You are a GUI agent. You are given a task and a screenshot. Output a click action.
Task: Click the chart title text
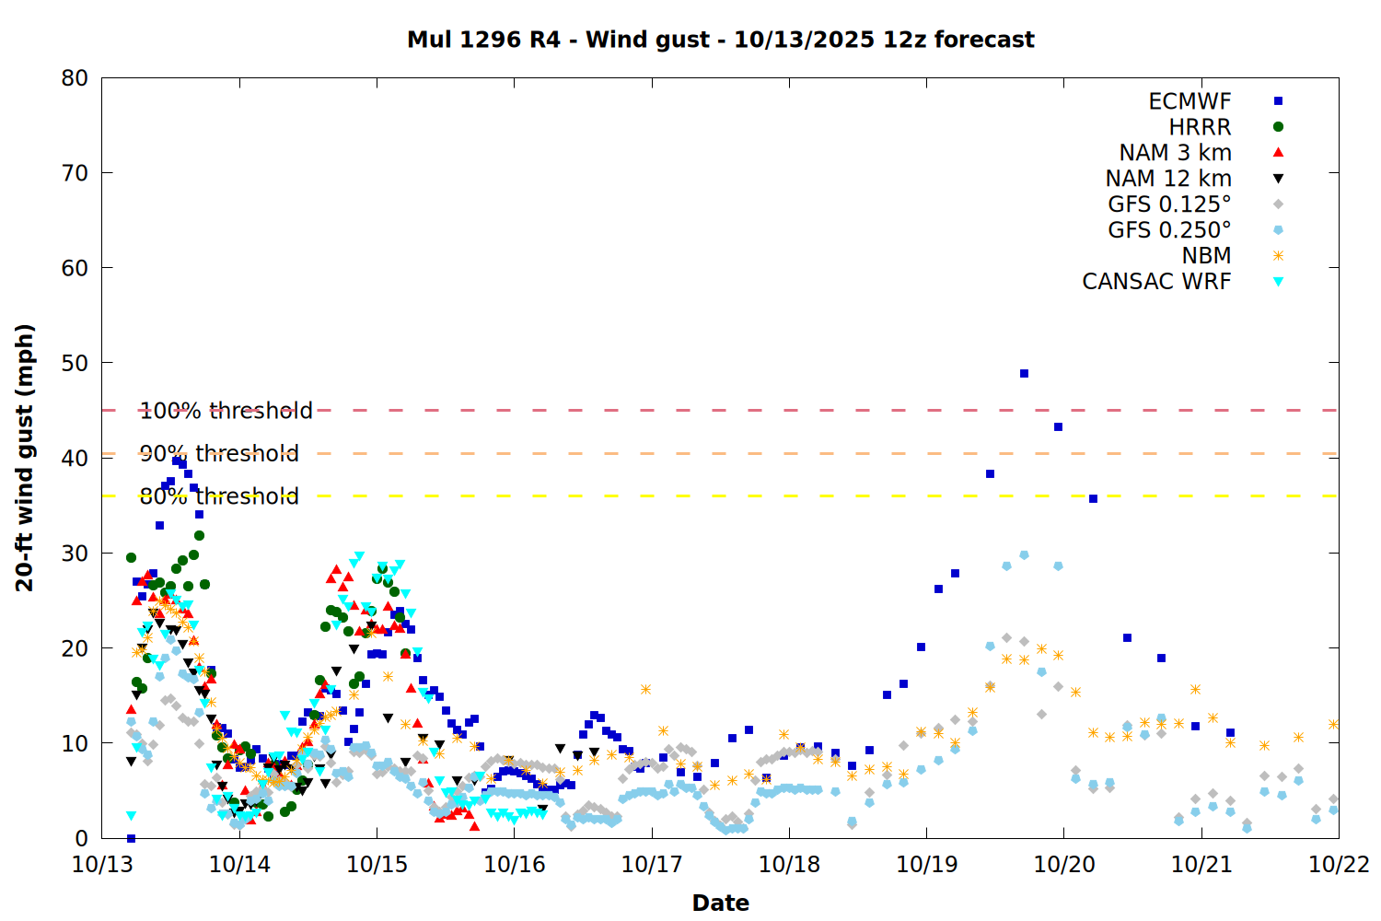pyautogui.click(x=720, y=40)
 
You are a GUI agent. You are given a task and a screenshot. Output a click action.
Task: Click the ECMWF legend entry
pyautogui.click(x=1190, y=101)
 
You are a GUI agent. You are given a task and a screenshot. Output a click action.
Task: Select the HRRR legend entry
pyautogui.click(x=1200, y=127)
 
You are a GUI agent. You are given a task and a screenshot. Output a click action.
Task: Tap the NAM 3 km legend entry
pyautogui.click(x=1175, y=153)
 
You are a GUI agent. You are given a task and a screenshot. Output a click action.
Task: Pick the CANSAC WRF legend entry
pyautogui.click(x=1156, y=282)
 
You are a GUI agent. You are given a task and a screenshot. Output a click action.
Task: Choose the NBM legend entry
pyautogui.click(x=1206, y=256)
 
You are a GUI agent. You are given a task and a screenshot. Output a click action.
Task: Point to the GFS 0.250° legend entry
pyautogui.click(x=1169, y=230)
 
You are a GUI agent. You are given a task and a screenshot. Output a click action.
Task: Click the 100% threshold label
pyautogui.click(x=226, y=411)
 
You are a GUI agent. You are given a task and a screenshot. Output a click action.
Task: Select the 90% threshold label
pyautogui.click(x=219, y=453)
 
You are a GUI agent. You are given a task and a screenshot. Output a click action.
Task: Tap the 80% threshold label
pyautogui.click(x=219, y=496)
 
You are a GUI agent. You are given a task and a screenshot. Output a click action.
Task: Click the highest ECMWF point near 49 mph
pyautogui.click(x=1024, y=374)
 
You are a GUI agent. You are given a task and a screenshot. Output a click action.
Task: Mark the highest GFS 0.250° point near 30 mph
pyautogui.click(x=1024, y=555)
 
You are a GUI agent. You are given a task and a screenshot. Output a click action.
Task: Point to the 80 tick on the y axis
pyautogui.click(x=75, y=78)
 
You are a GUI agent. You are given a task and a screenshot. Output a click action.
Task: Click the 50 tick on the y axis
pyautogui.click(x=75, y=363)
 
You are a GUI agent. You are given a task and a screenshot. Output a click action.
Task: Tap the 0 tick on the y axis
pyautogui.click(x=82, y=838)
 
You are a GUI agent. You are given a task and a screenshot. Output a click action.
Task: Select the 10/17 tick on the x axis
pyautogui.click(x=652, y=865)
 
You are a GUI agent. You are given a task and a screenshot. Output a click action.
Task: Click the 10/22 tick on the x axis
pyautogui.click(x=1339, y=865)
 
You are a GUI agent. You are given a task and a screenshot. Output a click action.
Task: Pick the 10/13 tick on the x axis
pyautogui.click(x=101, y=865)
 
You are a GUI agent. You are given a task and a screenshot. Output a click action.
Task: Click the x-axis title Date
pyautogui.click(x=720, y=903)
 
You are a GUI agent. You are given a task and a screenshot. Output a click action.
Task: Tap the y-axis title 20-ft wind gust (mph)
pyautogui.click(x=25, y=458)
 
